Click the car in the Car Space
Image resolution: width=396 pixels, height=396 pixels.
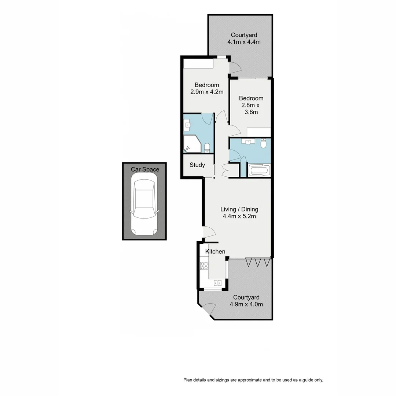(x=144, y=205)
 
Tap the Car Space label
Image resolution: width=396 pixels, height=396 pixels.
(x=145, y=169)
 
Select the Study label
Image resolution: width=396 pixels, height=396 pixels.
(x=197, y=165)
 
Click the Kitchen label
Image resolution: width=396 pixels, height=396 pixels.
(x=215, y=252)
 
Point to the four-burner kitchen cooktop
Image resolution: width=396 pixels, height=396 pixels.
(x=204, y=266)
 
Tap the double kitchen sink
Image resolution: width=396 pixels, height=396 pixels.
(x=217, y=283)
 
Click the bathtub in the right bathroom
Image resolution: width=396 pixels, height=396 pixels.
(x=259, y=171)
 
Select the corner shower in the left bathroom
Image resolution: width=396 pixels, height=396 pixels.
(x=192, y=144)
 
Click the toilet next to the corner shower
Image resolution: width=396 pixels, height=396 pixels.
(x=207, y=147)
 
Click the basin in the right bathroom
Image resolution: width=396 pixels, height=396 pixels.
(x=249, y=142)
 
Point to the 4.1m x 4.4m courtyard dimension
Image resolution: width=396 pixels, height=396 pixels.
(x=246, y=42)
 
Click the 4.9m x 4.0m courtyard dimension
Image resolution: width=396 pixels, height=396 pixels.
(x=246, y=304)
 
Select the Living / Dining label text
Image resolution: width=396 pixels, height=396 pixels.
(x=239, y=209)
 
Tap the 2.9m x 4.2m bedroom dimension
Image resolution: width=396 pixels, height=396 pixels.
(x=207, y=92)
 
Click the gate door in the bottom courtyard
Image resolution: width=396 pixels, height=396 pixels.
(x=209, y=309)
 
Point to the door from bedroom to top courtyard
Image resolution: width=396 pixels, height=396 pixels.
(x=234, y=67)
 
